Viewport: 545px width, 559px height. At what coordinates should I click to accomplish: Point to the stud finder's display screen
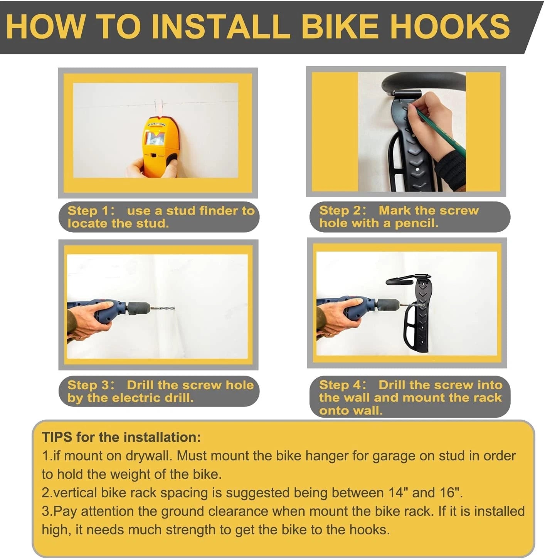tap(155, 138)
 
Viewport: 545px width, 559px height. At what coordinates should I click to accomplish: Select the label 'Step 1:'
tap(91, 211)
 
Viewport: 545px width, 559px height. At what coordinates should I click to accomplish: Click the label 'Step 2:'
tap(343, 210)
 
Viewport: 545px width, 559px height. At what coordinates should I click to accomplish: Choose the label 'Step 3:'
tap(91, 385)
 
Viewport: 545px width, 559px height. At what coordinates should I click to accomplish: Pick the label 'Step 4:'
tap(343, 385)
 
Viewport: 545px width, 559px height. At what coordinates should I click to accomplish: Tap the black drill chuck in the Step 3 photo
tap(139, 309)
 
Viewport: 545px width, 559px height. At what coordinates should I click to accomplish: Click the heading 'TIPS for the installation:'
tap(121, 437)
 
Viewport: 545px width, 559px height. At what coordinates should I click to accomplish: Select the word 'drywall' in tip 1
tap(148, 456)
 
